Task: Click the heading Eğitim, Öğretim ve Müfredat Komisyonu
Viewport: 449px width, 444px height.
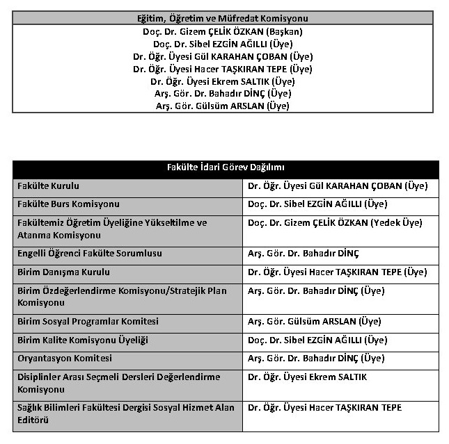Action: tap(222, 19)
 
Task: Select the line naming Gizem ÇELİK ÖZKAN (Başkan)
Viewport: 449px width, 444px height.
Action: tap(222, 31)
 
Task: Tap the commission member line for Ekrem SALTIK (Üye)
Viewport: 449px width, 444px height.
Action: tap(222, 81)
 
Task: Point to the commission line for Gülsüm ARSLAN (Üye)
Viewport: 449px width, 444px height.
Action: tap(222, 106)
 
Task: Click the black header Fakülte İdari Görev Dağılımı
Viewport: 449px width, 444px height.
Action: tap(225, 168)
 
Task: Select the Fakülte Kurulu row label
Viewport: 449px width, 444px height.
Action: tap(49, 186)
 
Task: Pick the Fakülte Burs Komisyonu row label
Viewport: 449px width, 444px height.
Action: tap(68, 204)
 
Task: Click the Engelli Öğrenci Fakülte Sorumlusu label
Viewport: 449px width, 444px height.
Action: tap(90, 254)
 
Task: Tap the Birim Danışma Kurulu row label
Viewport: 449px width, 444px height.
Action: tap(63, 272)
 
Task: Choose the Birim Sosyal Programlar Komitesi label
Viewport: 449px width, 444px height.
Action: tap(88, 322)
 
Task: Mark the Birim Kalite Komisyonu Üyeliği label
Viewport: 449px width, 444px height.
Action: tap(83, 340)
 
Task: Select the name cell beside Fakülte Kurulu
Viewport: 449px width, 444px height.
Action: tap(338, 186)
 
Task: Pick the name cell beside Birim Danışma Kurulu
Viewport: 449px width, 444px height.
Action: tap(338, 272)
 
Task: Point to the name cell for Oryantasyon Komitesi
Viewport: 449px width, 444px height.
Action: tap(316, 359)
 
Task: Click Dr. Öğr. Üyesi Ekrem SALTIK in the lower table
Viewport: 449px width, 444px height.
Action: tap(307, 377)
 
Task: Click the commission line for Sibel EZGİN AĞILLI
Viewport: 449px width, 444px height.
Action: tap(222, 44)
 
